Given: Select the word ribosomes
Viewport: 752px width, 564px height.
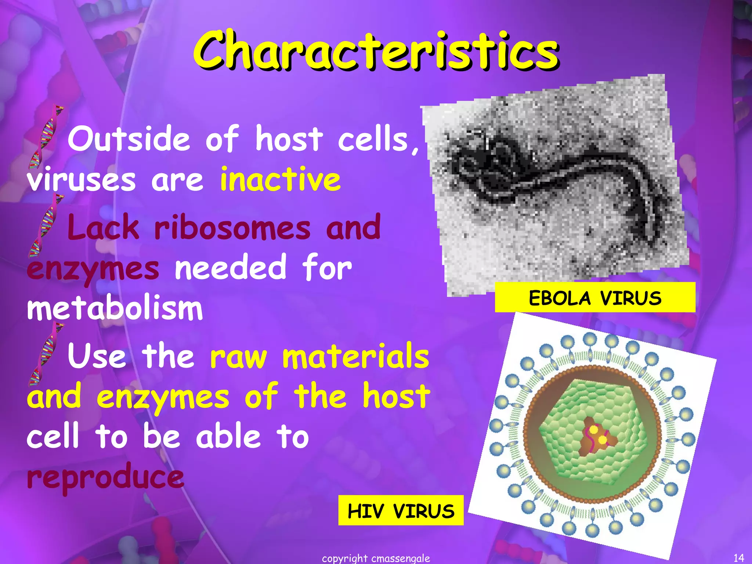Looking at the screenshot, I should click(232, 228).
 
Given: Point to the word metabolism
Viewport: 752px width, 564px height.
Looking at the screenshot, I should click(115, 308).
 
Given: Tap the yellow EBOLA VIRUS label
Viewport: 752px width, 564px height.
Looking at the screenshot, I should click(595, 297).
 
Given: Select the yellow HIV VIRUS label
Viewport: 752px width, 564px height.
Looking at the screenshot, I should click(401, 510).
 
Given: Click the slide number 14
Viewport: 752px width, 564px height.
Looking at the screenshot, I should click(738, 558).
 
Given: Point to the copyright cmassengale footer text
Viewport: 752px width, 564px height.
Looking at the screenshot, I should click(376, 558).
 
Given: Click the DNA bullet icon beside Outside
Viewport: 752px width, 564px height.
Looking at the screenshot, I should click(45, 138).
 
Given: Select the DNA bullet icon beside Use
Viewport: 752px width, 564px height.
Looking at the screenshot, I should click(45, 354).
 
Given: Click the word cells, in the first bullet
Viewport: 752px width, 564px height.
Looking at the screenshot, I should click(378, 140).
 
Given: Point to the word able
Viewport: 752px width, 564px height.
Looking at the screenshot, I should click(228, 436).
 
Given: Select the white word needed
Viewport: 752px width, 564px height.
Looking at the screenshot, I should click(230, 268).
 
